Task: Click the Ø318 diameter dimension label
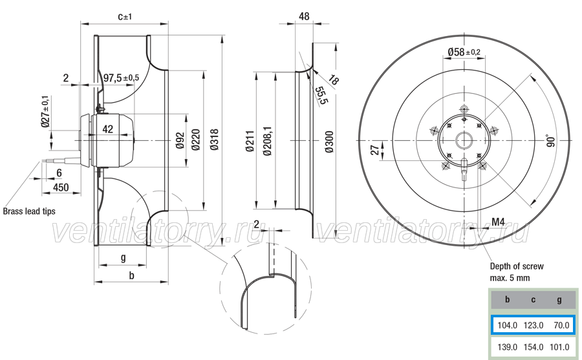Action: click(x=215, y=140)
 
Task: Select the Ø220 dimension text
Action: click(x=196, y=140)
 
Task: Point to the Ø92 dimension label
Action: click(x=180, y=140)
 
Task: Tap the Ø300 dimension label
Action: click(x=329, y=142)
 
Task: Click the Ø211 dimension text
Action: click(x=250, y=141)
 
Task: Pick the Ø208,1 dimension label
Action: click(x=267, y=141)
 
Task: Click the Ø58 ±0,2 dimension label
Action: click(x=464, y=52)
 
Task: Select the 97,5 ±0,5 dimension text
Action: click(x=121, y=78)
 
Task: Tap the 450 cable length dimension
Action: click(x=61, y=187)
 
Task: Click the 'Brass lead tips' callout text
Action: click(x=29, y=211)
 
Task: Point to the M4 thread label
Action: click(x=498, y=222)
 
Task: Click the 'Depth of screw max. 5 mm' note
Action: click(x=517, y=272)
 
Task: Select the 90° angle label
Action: click(x=551, y=141)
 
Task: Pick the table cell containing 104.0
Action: click(x=508, y=326)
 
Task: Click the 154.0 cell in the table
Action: click(x=533, y=347)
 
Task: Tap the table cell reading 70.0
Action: click(x=561, y=326)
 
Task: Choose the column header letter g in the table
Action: click(x=559, y=300)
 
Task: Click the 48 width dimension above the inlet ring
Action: click(x=304, y=16)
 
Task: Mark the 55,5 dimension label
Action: click(x=321, y=96)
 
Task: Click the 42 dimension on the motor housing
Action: click(x=107, y=129)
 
